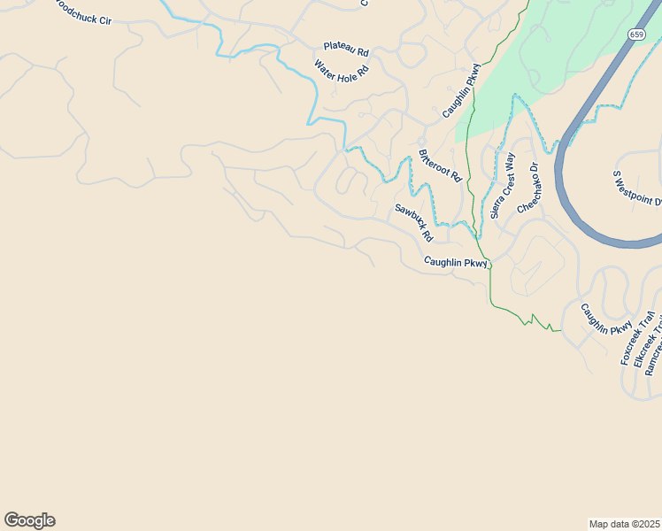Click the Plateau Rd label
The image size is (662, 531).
(x=345, y=49)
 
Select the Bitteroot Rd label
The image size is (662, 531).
(x=440, y=165)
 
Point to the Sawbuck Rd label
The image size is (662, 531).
(x=413, y=223)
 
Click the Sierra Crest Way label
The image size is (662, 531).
(x=503, y=186)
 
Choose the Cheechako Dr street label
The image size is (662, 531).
(x=528, y=187)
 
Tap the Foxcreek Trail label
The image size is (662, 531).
(x=637, y=339)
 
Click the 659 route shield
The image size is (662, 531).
(x=636, y=34)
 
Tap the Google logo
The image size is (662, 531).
(x=29, y=520)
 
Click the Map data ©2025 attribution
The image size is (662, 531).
(x=624, y=523)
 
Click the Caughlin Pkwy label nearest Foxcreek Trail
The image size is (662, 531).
(x=606, y=319)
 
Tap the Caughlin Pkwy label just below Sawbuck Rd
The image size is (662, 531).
(x=456, y=263)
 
